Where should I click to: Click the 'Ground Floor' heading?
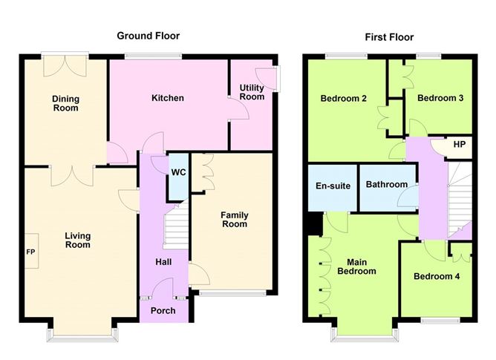(x=149, y=36)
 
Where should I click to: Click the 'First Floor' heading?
(x=389, y=37)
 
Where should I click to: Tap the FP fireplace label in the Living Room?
(x=31, y=252)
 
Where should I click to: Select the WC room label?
(x=178, y=172)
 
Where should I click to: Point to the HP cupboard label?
(x=460, y=144)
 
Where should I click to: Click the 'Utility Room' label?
(x=252, y=93)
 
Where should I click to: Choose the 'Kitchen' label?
(x=168, y=98)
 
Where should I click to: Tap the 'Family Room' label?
(x=234, y=220)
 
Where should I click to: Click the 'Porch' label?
(x=163, y=310)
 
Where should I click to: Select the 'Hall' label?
(x=163, y=262)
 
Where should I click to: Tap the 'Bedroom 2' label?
(x=345, y=98)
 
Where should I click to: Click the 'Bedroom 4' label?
(x=437, y=277)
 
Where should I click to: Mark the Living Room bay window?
(x=81, y=335)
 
